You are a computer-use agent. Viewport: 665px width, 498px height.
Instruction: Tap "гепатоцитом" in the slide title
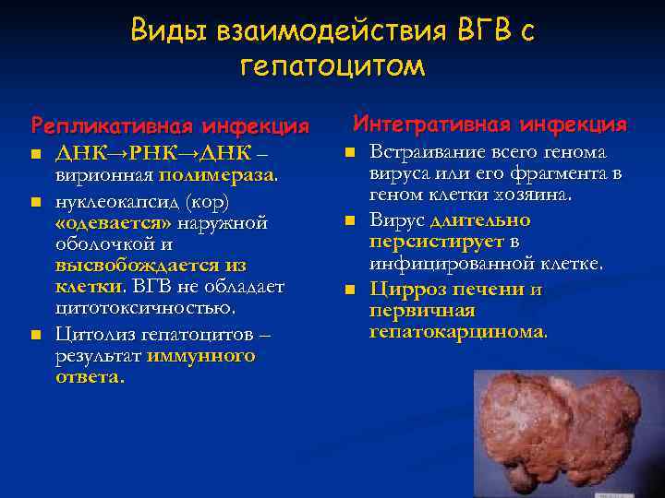pos(332,66)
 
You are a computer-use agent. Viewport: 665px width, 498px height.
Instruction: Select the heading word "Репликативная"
pos(100,125)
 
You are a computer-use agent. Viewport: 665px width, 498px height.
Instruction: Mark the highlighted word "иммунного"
pos(200,355)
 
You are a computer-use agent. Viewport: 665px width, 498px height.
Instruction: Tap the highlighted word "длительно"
pos(480,219)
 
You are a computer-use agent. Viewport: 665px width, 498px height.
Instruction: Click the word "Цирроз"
pos(405,289)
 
